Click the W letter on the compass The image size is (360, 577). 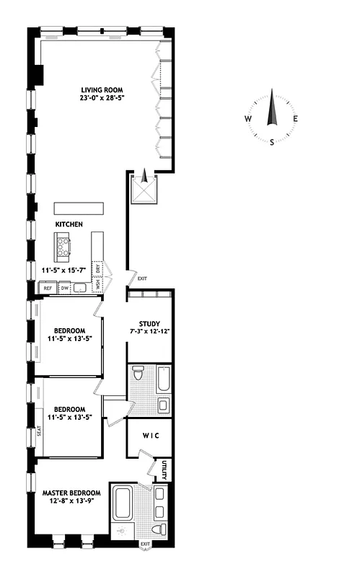pos(248,119)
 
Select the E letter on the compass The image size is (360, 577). pos(295,119)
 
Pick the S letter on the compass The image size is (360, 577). pos(272,142)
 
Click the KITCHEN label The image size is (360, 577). pos(69,224)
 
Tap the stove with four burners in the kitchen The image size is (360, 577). pos(63,249)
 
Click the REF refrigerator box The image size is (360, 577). pos(48,288)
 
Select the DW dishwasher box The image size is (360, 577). pos(64,288)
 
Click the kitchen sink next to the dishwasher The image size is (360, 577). pos(80,288)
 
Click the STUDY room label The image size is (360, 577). pos(150,324)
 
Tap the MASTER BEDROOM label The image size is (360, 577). pos(71,493)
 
